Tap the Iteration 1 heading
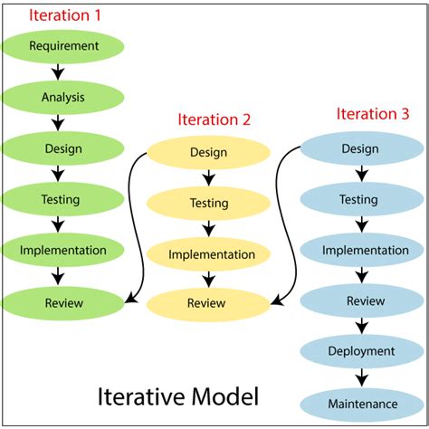pos(65,15)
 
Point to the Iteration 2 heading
pos(214,119)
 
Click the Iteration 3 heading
pos(373,114)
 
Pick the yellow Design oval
pos(208,153)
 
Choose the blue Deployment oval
pos(362,351)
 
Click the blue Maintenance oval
pos(362,405)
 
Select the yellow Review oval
pos(208,304)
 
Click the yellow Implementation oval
pos(208,254)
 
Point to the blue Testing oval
pos(362,199)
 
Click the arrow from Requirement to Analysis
pos(58,72)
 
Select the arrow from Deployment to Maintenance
pos(362,377)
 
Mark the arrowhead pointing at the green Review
pos(130,298)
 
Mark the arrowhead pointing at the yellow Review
pos(276,300)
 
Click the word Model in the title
pos(225,396)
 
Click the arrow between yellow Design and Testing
pos(208,178)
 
